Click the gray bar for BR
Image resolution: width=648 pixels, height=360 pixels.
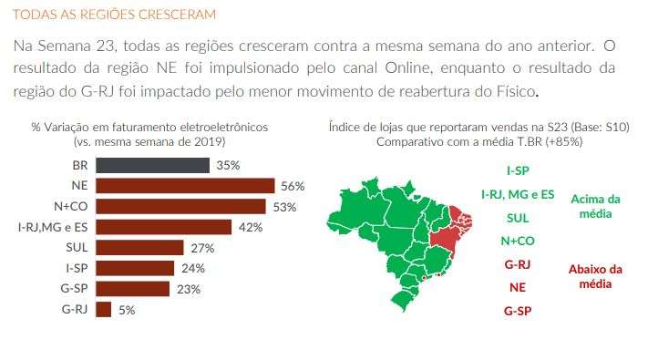pos(151,165)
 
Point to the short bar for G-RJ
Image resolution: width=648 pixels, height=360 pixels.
pos(103,309)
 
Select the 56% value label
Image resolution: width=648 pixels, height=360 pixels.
pos(293,186)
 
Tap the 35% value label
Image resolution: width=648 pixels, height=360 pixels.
pos(228,165)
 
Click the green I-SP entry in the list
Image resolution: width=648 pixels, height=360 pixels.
pos(518,170)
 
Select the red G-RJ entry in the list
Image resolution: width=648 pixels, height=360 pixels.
pos(518,264)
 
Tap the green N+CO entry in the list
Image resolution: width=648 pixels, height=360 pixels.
pos(518,242)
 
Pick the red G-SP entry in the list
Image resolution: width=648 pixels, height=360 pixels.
pos(518,312)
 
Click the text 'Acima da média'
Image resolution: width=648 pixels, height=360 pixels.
pos(595,206)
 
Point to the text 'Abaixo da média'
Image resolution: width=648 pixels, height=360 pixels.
pos(595,275)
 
